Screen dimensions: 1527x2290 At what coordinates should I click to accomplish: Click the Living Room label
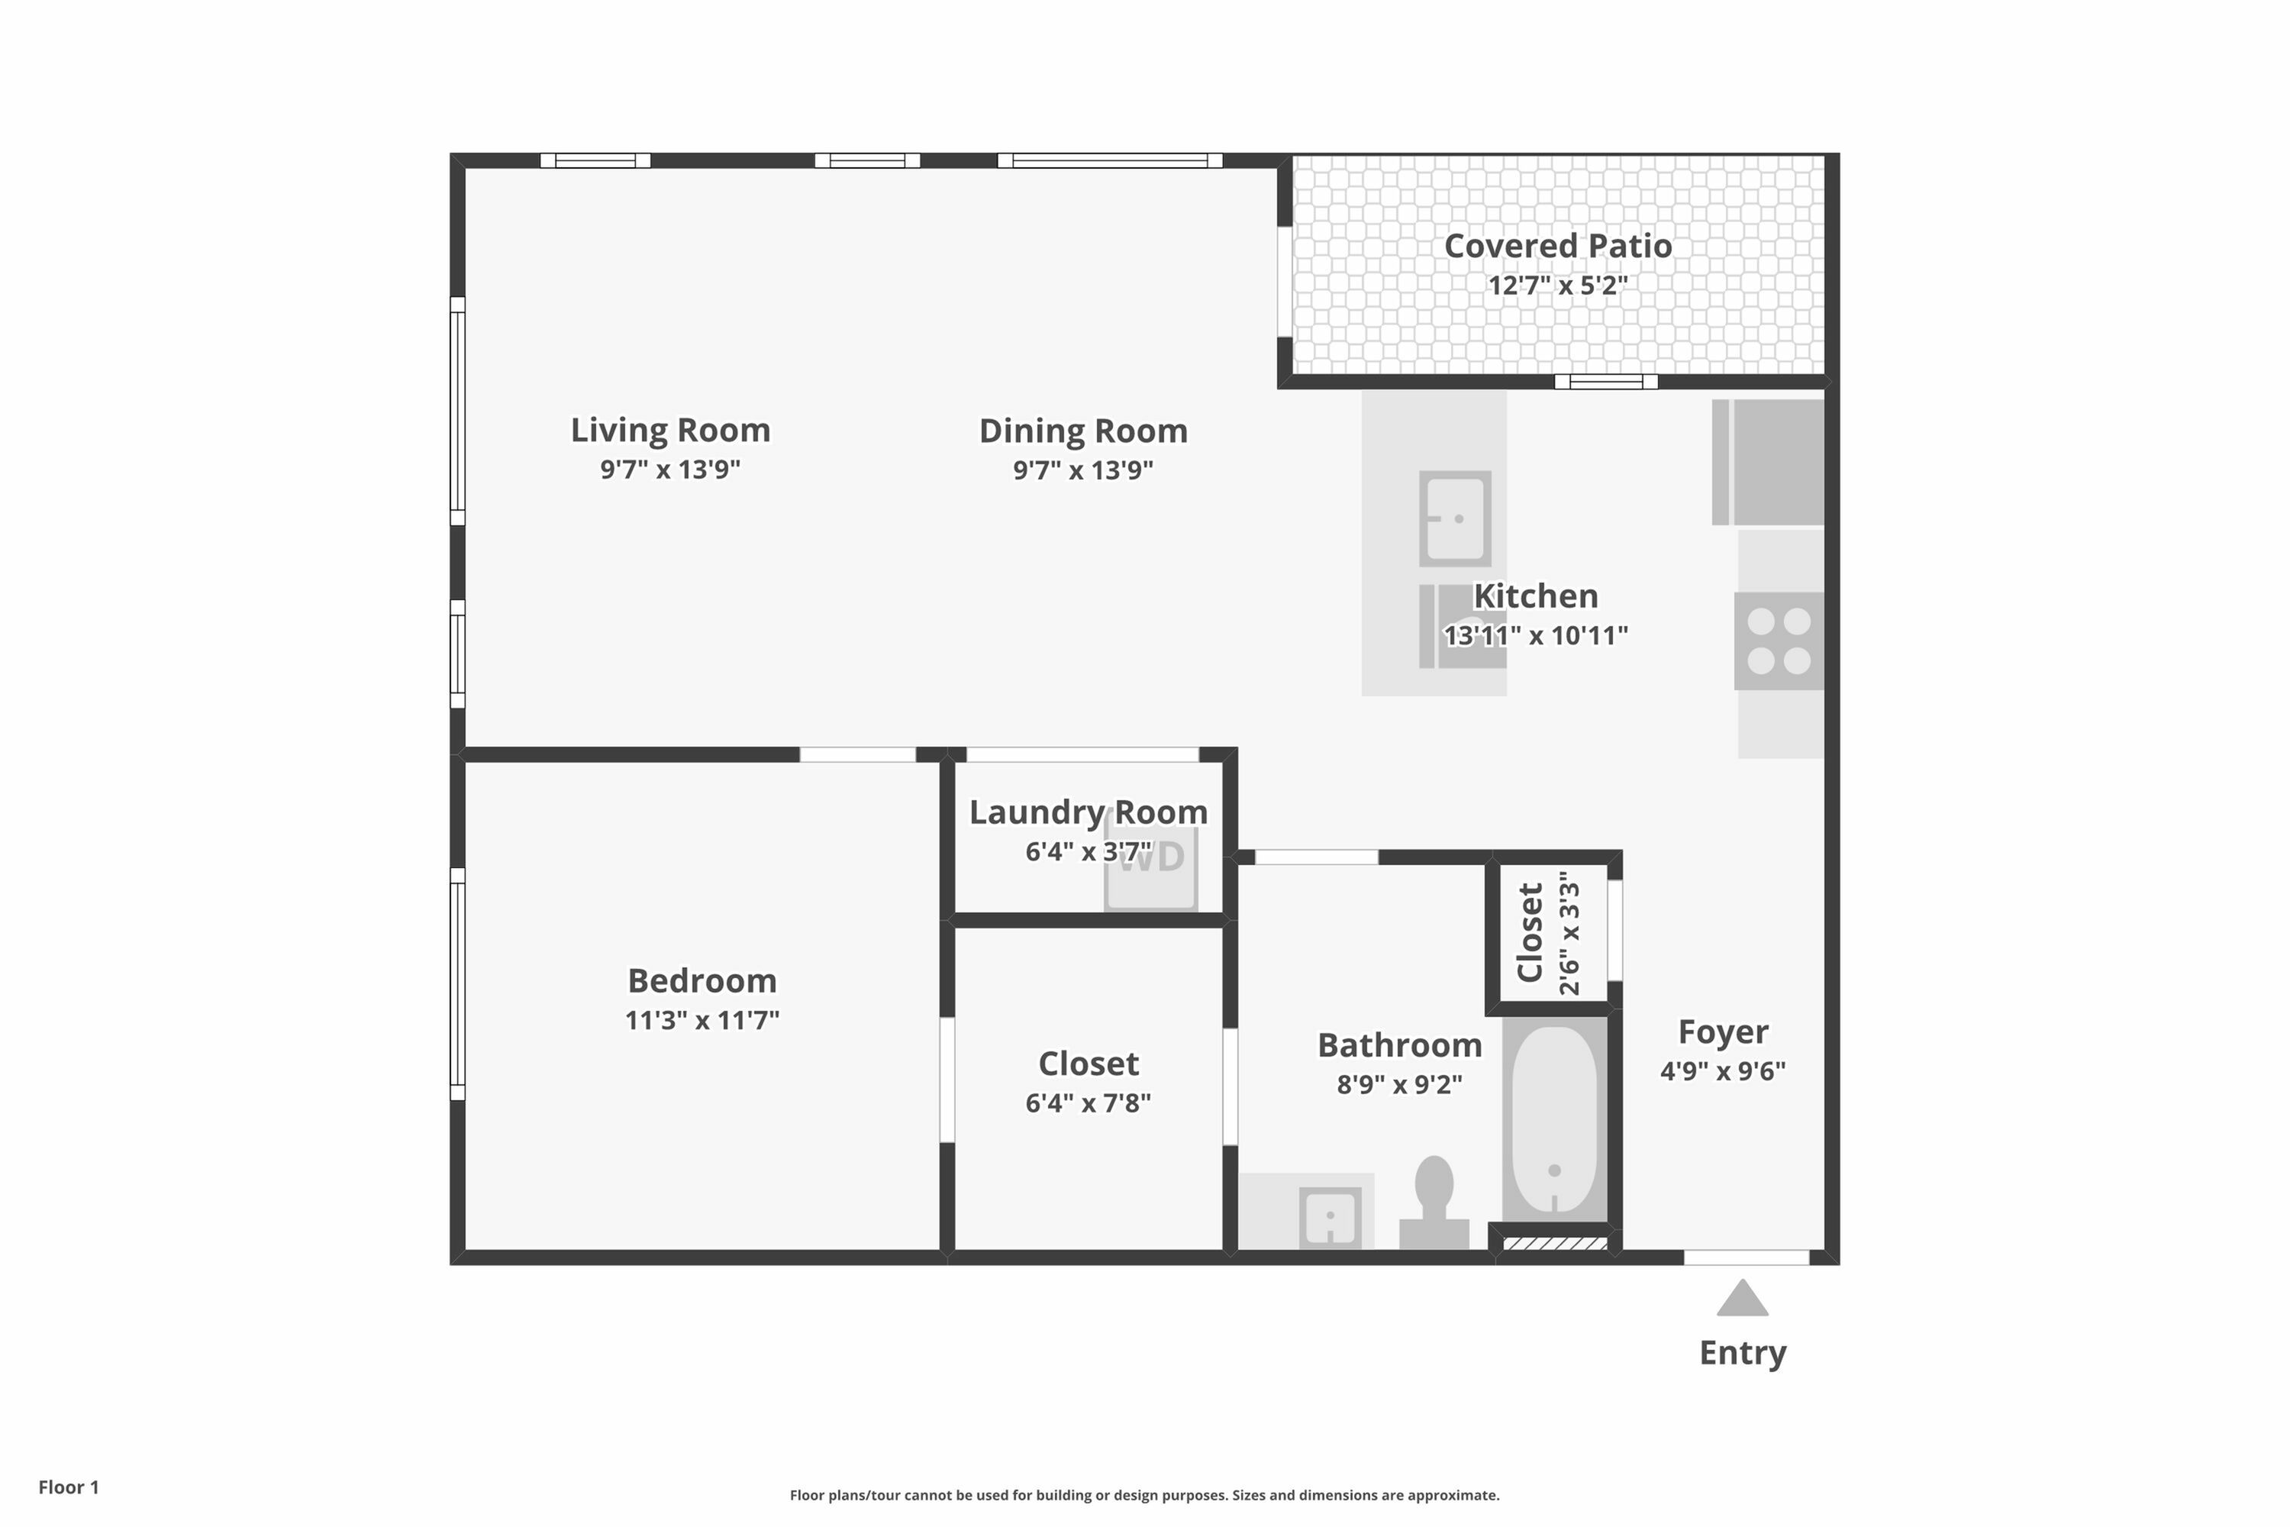[670, 429]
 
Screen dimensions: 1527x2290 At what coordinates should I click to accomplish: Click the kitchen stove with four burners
[1779, 641]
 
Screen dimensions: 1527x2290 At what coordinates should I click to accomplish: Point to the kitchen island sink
[1455, 518]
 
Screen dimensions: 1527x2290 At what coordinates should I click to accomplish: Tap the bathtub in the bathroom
[1555, 1119]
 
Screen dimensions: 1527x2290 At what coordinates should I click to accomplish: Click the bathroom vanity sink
[1329, 1216]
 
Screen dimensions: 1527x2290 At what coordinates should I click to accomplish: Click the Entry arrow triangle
[1742, 1299]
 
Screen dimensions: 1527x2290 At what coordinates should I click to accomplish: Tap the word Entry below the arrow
[1742, 1353]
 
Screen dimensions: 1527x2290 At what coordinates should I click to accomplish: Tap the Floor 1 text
[68, 1487]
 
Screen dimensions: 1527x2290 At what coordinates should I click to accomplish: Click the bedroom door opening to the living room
[858, 755]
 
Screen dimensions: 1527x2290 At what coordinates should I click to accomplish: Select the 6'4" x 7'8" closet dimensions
[1088, 1103]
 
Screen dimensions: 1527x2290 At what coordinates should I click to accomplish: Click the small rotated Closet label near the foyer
[1530, 932]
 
